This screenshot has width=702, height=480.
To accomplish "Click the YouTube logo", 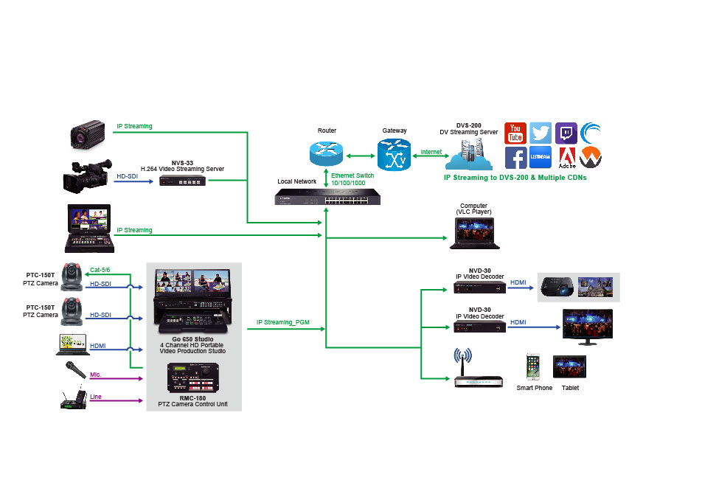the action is pyautogui.click(x=515, y=133).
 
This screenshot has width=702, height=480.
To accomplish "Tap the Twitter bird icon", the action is pyautogui.click(x=541, y=133).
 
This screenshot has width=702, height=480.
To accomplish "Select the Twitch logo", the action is pyautogui.click(x=566, y=133).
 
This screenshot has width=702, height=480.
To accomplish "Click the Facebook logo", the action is pyautogui.click(x=515, y=158).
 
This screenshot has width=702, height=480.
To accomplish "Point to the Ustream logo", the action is pyautogui.click(x=541, y=157).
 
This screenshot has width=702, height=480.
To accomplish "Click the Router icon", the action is pyautogui.click(x=327, y=153).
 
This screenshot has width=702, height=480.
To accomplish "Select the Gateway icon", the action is pyautogui.click(x=394, y=155).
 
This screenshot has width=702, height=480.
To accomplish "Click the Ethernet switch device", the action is pyautogui.click(x=327, y=197).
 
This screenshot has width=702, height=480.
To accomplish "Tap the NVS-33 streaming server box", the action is pyautogui.click(x=183, y=181).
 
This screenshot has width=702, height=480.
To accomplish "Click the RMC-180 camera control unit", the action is pyautogui.click(x=193, y=378).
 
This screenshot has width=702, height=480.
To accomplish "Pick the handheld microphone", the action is pyautogui.click(x=76, y=370).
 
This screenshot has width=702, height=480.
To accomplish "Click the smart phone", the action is pyautogui.click(x=532, y=366).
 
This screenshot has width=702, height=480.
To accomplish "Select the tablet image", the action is pyautogui.click(x=569, y=366).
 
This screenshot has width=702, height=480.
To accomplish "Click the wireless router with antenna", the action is pyautogui.click(x=478, y=369).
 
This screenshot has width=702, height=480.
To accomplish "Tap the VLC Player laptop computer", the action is pyautogui.click(x=475, y=233).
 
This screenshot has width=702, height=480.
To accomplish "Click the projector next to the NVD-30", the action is pyautogui.click(x=557, y=287).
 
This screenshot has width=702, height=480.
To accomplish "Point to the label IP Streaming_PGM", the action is pyautogui.click(x=283, y=322).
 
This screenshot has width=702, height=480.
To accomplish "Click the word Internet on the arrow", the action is pyautogui.click(x=431, y=152).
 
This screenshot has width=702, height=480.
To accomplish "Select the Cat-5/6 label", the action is pyautogui.click(x=100, y=270).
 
